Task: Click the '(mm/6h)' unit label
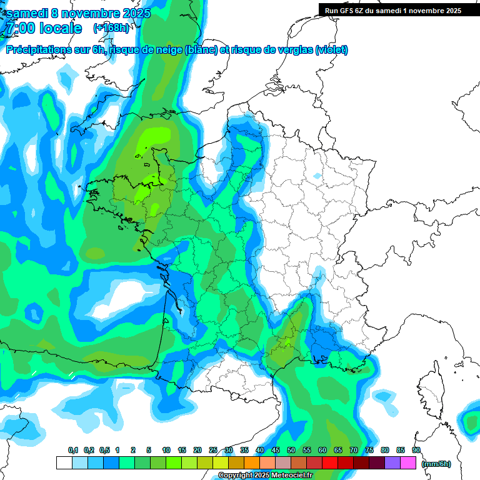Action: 436,464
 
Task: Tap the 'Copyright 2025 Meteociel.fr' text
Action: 265,476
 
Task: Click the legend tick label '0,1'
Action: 73,451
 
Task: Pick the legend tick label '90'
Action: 416,451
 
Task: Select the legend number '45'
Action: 276,451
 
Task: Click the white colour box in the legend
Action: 64,463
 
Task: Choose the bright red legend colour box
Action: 330,463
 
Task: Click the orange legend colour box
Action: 252,463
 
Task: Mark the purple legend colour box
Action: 392,463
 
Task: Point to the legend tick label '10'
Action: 166,451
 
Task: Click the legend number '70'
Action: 354,451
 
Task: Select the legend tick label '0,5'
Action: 104,451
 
